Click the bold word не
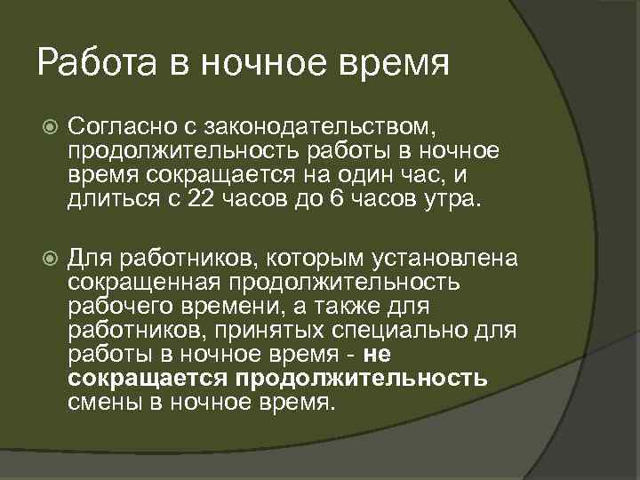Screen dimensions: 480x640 378,355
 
